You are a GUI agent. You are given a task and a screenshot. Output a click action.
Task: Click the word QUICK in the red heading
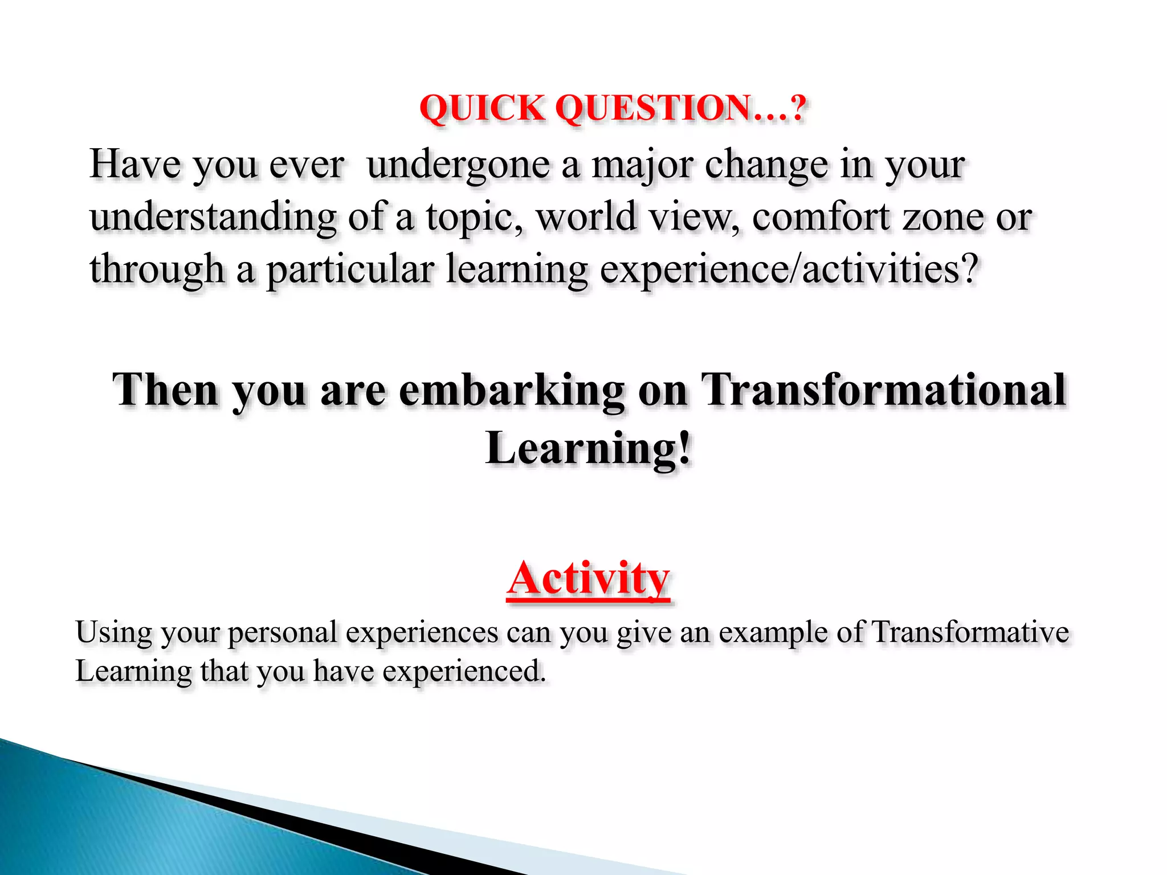click(482, 108)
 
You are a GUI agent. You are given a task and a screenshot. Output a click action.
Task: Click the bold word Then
click(165, 391)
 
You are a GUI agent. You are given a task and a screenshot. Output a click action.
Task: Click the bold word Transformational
click(883, 391)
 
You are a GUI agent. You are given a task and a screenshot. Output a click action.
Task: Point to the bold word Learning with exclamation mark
click(588, 449)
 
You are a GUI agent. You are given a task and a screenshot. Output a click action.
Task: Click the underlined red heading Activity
click(588, 579)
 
